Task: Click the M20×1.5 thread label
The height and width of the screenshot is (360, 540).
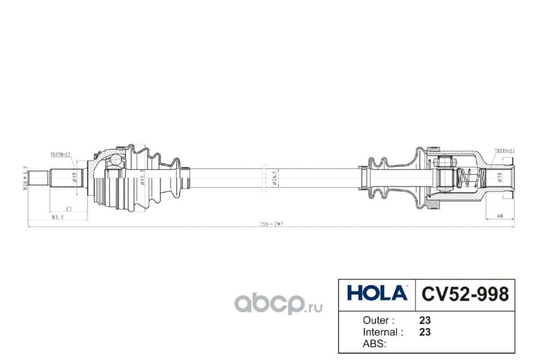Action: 26,178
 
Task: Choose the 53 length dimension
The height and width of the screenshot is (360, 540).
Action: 69,209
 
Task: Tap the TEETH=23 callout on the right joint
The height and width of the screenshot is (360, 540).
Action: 504,151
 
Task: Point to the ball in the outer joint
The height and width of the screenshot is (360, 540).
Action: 117,159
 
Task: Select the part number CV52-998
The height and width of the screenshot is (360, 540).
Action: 464,294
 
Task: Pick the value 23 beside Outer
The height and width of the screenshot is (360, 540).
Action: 425,321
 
